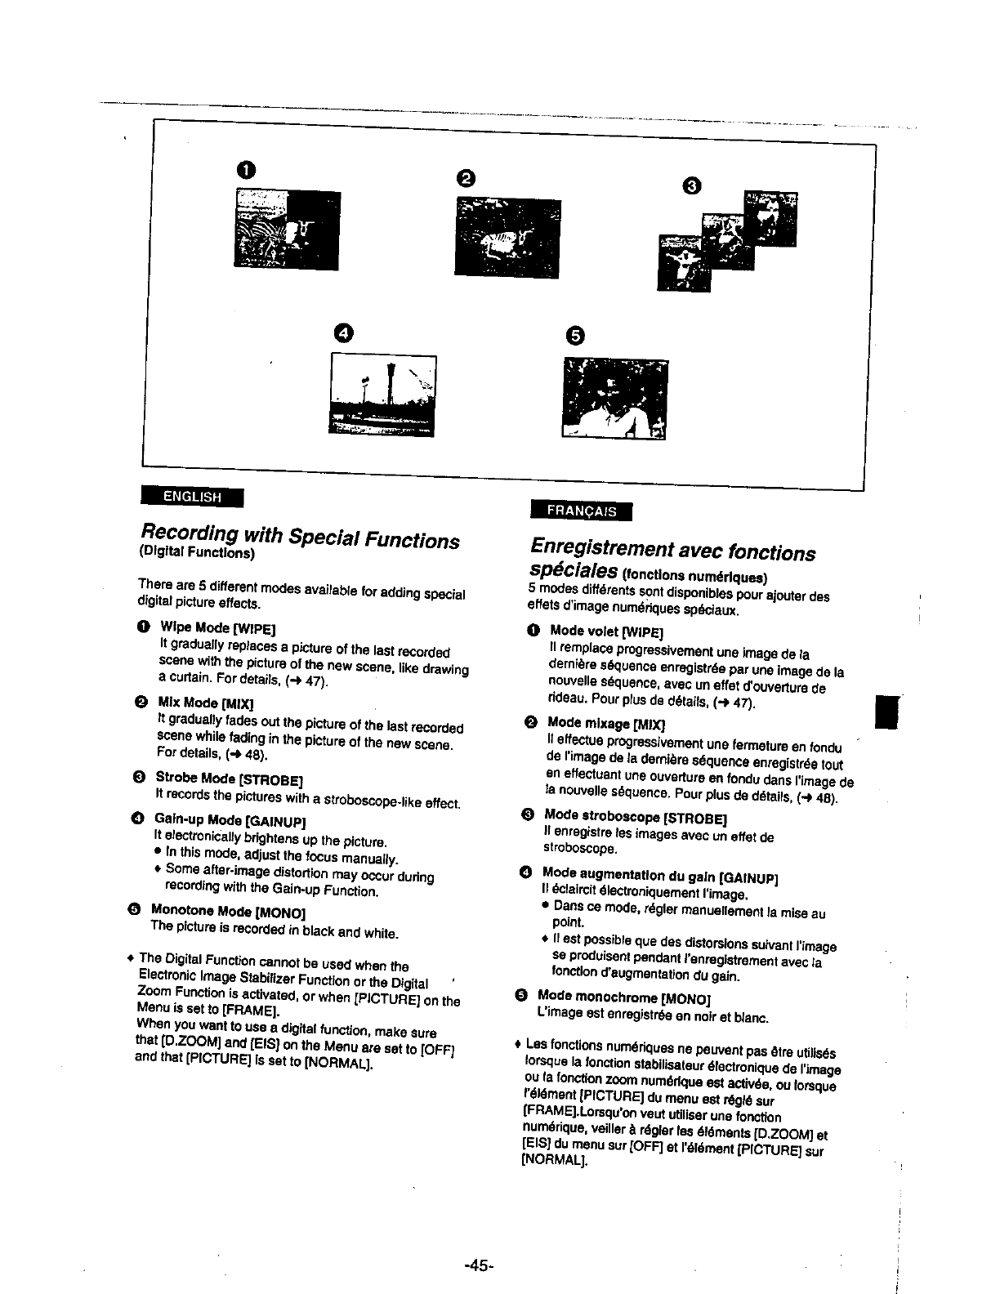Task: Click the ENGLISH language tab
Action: tap(193, 496)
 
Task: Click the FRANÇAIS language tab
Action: tap(582, 510)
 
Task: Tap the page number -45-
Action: tap(479, 1265)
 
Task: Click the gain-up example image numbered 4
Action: tap(382, 395)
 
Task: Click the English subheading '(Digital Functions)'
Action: tap(196, 553)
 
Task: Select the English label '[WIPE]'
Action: tap(253, 628)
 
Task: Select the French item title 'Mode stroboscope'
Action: tap(603, 816)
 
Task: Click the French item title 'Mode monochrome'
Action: tap(597, 997)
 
